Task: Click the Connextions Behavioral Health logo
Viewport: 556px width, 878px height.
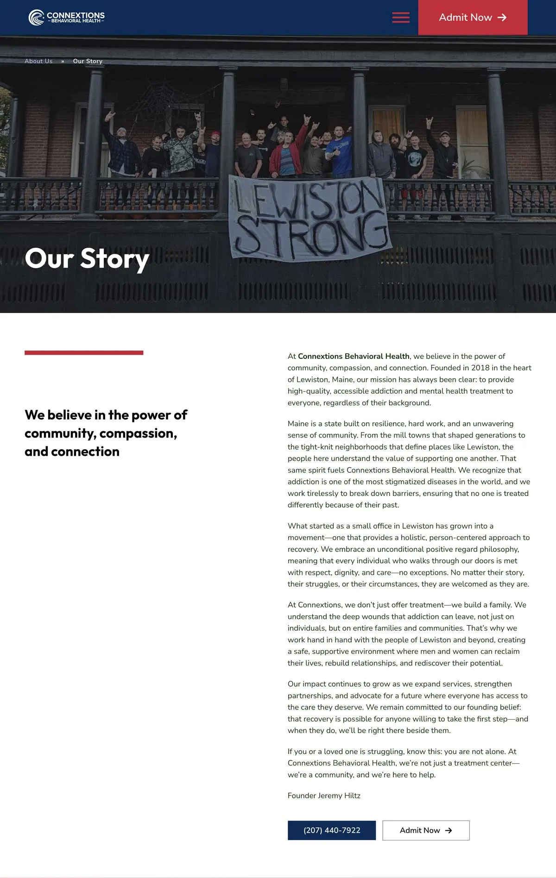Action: tap(67, 18)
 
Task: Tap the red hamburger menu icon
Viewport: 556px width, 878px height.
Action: tap(401, 18)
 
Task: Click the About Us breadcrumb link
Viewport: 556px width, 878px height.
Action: tap(38, 61)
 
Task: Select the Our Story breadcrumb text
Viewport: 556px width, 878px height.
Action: tap(88, 61)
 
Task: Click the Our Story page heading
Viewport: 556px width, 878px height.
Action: tap(87, 258)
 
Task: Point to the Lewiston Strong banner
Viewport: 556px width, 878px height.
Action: tap(310, 218)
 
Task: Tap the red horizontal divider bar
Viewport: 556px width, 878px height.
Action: tap(84, 353)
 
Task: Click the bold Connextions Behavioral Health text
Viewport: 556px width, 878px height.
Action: tap(354, 356)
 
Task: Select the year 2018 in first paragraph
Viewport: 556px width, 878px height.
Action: tap(480, 368)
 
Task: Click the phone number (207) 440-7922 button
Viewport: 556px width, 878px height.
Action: tap(332, 830)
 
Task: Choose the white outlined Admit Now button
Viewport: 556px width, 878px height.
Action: tap(426, 830)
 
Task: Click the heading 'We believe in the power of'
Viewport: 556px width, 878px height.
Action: tap(106, 415)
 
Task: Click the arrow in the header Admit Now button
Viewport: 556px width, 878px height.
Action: tap(502, 18)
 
